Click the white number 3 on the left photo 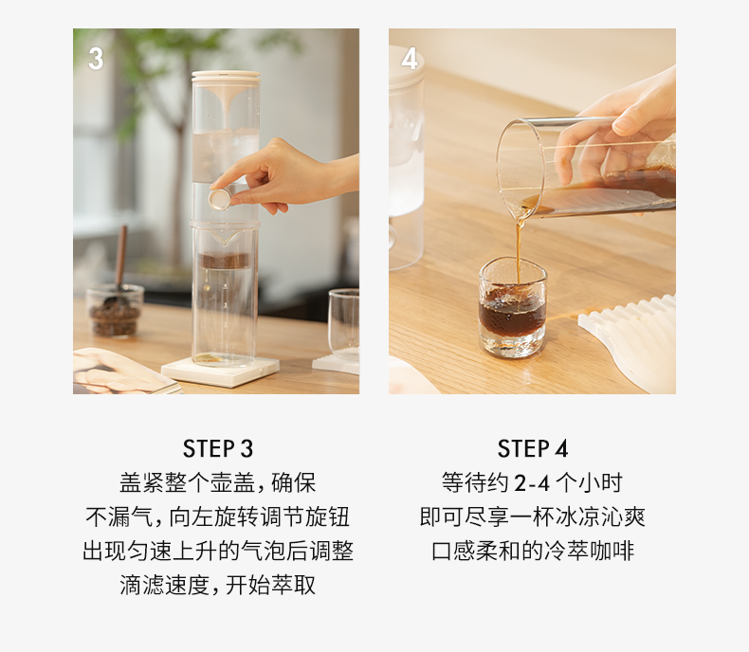(96, 59)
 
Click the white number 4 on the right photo (410, 59)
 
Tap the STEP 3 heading (218, 448)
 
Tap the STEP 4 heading (533, 448)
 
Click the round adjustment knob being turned (220, 199)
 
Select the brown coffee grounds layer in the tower (224, 261)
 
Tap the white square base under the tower (220, 371)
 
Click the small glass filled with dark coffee (513, 307)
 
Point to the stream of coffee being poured (519, 248)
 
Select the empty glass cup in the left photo (344, 324)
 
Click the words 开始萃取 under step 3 (271, 585)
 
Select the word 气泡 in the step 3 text (264, 552)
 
